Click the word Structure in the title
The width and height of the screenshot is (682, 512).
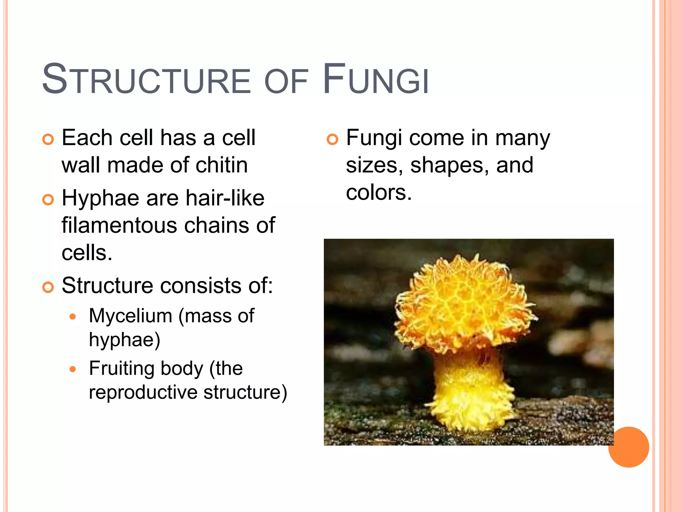147,80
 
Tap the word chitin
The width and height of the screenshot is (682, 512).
221,165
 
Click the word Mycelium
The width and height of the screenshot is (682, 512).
130,316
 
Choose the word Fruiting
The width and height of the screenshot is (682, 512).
122,368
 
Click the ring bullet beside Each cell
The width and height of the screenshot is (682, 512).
48,139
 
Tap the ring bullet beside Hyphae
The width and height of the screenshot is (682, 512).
48,200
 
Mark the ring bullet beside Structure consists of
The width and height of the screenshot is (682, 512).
48,287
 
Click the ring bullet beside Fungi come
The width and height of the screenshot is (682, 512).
332,139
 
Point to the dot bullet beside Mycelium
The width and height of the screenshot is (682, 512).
73,317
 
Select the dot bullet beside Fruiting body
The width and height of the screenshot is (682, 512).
73,369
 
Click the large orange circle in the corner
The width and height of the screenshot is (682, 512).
628,447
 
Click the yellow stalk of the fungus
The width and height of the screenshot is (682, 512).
470,387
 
